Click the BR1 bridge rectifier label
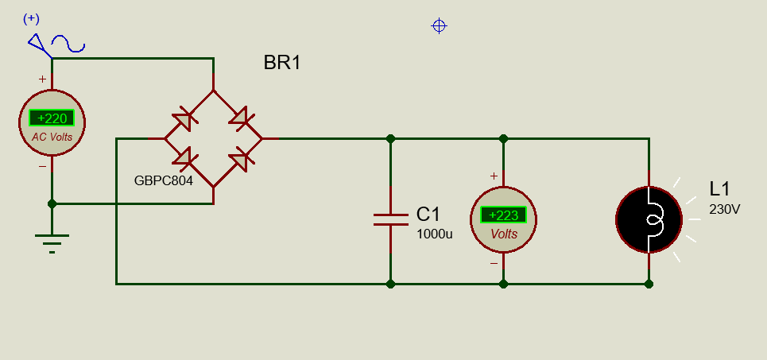pyautogui.click(x=281, y=63)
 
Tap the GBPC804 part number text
pyautogui.click(x=164, y=181)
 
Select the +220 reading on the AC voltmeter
pyautogui.click(x=52, y=118)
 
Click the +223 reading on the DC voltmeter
pyautogui.click(x=503, y=215)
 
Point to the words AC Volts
pyautogui.click(x=52, y=137)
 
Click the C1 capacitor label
pyautogui.click(x=428, y=214)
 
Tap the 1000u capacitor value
pyautogui.click(x=435, y=234)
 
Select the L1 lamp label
pyautogui.click(x=719, y=189)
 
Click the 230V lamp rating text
pyautogui.click(x=724, y=209)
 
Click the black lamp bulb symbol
pyautogui.click(x=649, y=219)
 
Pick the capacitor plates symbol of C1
pyautogui.click(x=390, y=219)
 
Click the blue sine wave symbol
pyautogui.click(x=68, y=44)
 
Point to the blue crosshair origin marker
pyautogui.click(x=440, y=26)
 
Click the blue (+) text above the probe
pyautogui.click(x=31, y=18)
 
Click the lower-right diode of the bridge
pyautogui.click(x=241, y=158)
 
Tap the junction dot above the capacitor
pyautogui.click(x=390, y=139)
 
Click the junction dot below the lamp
pyautogui.click(x=649, y=284)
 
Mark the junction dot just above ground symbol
pyautogui.click(x=52, y=204)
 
